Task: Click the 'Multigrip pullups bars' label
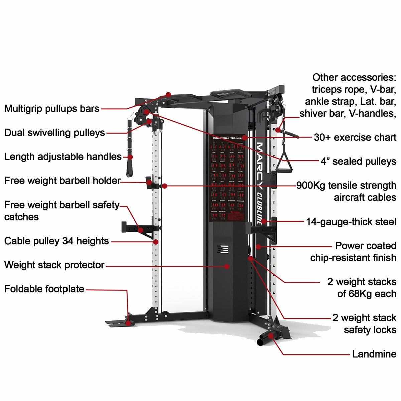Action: [x=52, y=109]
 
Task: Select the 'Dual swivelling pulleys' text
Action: [x=54, y=133]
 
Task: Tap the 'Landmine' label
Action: [x=374, y=354]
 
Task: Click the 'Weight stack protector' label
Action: [x=54, y=265]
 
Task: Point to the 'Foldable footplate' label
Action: [x=44, y=289]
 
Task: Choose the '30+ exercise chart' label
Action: [x=355, y=137]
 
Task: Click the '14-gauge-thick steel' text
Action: [x=351, y=222]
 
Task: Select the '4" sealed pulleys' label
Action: [x=358, y=161]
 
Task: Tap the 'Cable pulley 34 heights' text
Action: [x=56, y=241]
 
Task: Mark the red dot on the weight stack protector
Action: [x=227, y=266]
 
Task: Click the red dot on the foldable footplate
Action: [x=128, y=323]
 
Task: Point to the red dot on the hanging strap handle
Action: [x=130, y=157]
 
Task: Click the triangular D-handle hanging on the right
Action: [x=284, y=162]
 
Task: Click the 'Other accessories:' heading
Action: [x=354, y=77]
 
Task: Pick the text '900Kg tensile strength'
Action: [x=346, y=185]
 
